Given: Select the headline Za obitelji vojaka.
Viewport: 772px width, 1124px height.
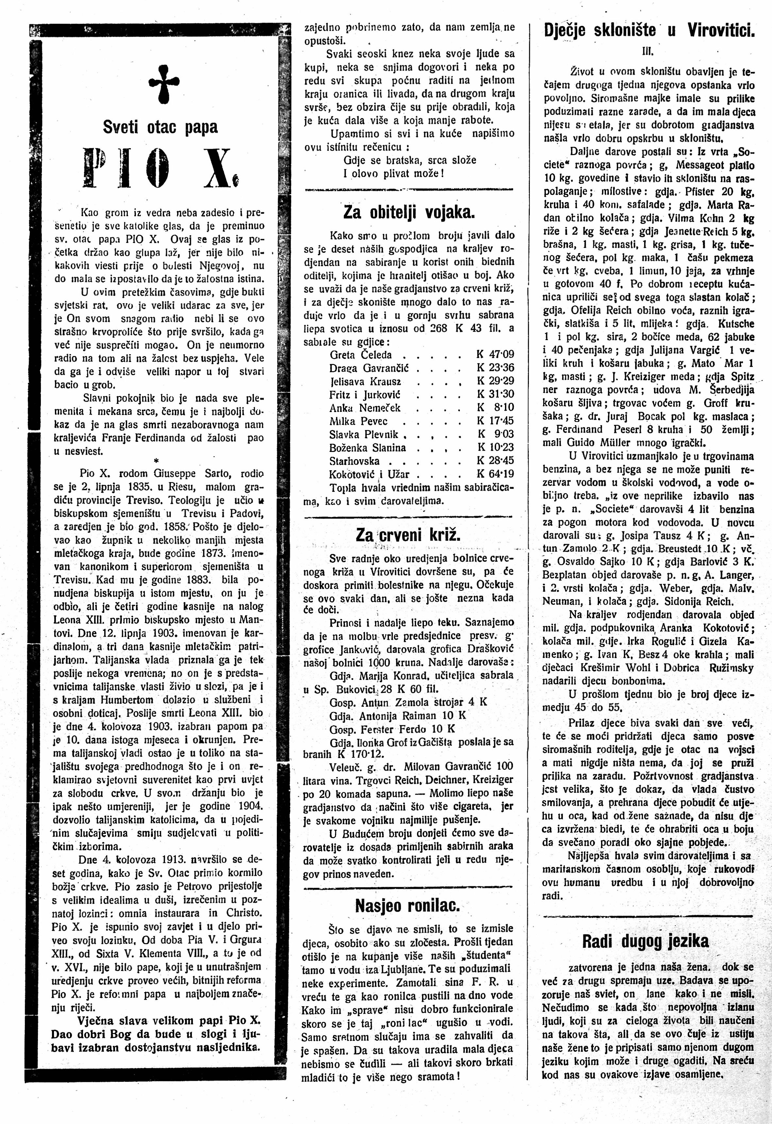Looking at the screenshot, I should pos(409,212).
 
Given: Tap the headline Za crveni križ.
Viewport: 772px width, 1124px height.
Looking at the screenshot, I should pos(409,534).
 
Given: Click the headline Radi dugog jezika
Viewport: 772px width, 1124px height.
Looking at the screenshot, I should pos(645,941).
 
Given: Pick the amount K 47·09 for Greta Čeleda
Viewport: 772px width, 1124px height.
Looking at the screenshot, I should pos(495,355).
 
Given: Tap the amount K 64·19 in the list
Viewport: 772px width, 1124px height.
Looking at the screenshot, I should pos(495,474).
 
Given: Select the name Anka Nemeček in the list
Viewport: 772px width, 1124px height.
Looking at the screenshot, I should pos(365,408).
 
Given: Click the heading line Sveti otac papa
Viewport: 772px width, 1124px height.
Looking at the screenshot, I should pos(160,127).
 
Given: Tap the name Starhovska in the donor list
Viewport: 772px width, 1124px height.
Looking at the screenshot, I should pos(355,461).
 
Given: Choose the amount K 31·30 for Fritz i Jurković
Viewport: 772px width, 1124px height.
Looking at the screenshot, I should pos(495,394).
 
